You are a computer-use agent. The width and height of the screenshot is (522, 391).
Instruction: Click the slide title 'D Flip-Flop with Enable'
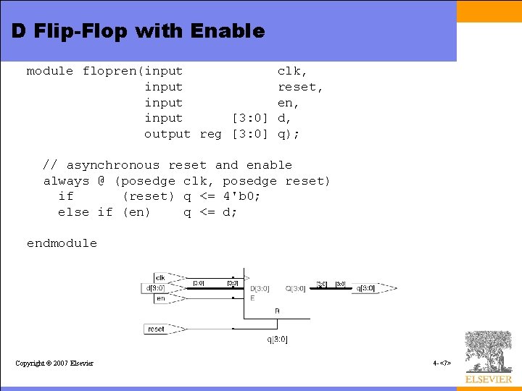coord(138,32)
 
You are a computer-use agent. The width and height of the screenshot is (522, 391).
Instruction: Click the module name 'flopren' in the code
coord(112,71)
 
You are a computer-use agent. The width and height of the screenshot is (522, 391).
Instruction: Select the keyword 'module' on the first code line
coord(50,71)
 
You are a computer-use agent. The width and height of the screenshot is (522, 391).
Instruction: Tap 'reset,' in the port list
coord(300,87)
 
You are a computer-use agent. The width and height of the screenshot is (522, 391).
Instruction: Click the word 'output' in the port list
coord(167,134)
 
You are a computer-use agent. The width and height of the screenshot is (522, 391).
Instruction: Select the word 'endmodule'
coord(62,243)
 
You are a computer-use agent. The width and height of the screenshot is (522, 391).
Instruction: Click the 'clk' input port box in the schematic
coord(160,277)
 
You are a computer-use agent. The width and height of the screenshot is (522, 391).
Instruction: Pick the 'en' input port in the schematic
coord(160,298)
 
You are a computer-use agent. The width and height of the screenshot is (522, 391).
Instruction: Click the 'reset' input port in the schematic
coord(156,329)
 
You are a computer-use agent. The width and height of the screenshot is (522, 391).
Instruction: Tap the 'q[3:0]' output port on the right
coord(365,288)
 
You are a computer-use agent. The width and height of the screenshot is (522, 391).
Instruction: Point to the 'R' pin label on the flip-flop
coord(277,311)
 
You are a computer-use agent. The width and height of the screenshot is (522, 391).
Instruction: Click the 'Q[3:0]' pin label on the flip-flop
coord(294,289)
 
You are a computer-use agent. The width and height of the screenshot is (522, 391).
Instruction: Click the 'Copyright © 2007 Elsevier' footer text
coord(54,363)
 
